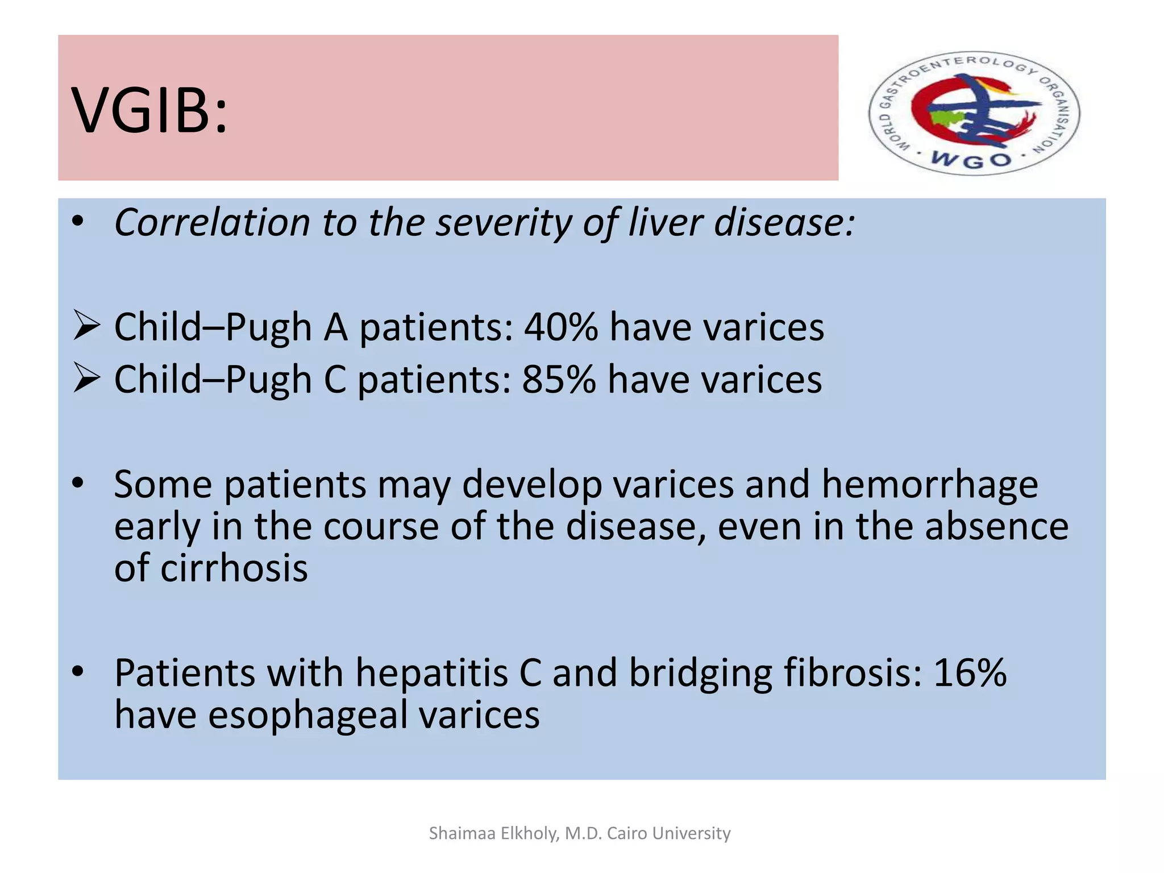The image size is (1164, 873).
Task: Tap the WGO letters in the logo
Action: (972, 160)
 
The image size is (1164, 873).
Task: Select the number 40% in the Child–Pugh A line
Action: (560, 327)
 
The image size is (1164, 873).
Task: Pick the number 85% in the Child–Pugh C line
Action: (559, 379)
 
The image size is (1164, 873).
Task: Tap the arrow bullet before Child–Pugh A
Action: (86, 327)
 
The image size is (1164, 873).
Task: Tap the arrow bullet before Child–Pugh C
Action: (86, 379)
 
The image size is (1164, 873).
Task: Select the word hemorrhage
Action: (929, 484)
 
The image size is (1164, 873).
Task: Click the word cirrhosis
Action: (234, 568)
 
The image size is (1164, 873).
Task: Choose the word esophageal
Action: (307, 715)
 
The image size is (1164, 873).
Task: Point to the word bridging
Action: (700, 673)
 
